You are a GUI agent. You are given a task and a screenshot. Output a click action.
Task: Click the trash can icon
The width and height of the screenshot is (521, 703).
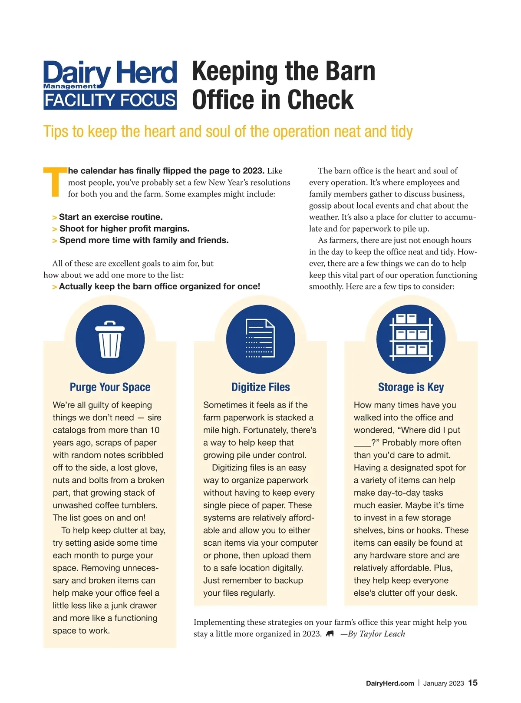tap(110, 339)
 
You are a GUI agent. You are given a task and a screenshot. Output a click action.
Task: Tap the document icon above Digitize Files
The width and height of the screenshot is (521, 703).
tap(260, 338)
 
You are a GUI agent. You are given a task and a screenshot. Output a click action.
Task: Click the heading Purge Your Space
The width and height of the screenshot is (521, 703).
tap(110, 387)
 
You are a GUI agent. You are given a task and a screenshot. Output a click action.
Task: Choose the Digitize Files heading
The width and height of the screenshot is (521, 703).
tap(260, 387)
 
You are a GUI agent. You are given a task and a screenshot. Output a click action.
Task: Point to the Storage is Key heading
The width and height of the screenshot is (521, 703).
tap(411, 387)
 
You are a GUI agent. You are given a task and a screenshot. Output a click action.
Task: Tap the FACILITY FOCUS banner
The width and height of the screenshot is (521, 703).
tap(110, 100)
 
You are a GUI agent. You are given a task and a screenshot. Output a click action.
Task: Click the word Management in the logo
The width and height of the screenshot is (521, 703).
tap(70, 86)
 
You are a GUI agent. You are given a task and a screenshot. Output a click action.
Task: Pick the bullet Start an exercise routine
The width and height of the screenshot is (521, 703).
tap(110, 217)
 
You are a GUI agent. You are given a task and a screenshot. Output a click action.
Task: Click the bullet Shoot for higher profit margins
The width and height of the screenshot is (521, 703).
tap(124, 229)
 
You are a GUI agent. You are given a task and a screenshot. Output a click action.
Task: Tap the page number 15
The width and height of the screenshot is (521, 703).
tap(473, 683)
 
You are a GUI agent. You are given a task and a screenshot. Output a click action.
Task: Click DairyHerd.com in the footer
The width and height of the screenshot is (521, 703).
tap(390, 683)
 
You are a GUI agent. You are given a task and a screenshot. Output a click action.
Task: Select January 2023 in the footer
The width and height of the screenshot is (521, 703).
tap(443, 683)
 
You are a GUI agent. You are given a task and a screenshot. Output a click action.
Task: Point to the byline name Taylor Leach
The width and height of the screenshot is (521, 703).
tap(382, 634)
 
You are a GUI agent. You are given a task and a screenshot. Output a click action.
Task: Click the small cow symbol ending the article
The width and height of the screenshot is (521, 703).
tap(330, 634)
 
